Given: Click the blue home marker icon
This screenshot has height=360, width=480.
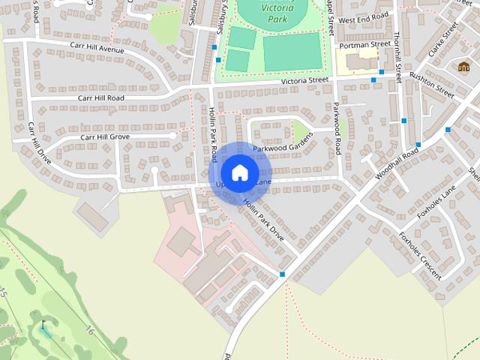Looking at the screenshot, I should [x=239, y=172].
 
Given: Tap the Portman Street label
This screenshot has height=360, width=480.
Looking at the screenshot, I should [x=365, y=45].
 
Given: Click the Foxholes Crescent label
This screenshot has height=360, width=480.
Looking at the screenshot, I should [x=420, y=256].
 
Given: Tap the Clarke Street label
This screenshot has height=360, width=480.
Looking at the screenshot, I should [x=442, y=42].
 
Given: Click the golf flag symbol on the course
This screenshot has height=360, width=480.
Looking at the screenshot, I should [x=44, y=325].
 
